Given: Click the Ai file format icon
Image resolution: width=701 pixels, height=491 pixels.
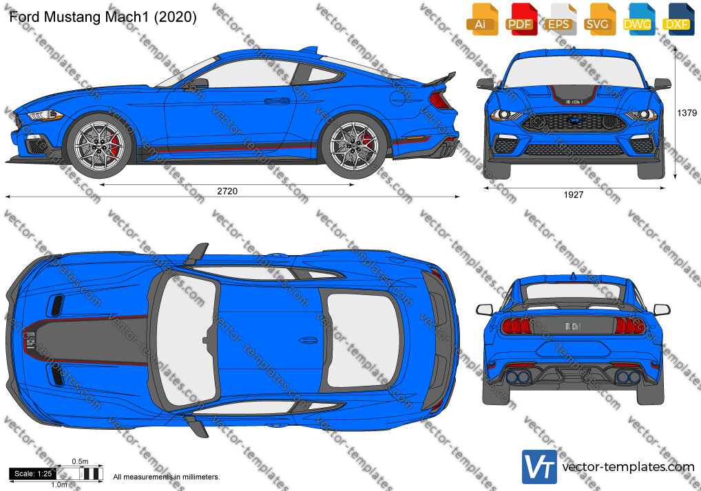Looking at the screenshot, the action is click(482, 20).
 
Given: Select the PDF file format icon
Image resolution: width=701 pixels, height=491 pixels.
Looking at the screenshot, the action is click(521, 20).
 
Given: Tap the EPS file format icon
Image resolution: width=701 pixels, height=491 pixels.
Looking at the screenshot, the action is click(560, 20).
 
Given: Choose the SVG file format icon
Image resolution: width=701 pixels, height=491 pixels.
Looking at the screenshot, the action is click(599, 20).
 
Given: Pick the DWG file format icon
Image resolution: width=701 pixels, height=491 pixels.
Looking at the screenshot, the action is click(638, 20).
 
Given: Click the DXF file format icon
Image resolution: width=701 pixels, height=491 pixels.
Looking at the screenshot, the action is click(678, 20).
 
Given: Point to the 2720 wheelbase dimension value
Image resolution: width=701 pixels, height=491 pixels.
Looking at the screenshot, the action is click(227, 191).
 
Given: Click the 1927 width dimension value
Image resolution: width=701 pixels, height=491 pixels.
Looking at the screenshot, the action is click(574, 195).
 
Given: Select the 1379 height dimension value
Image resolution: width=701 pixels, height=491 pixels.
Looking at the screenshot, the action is click(687, 113).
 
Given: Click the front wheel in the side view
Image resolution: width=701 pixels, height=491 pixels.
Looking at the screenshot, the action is click(98, 144).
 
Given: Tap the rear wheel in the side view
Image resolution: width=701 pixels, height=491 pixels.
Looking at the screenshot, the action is click(354, 146).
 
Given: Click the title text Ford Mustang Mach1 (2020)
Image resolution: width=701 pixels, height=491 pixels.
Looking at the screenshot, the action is click(103, 17).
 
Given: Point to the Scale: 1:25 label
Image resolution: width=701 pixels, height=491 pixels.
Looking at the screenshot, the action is click(33, 474).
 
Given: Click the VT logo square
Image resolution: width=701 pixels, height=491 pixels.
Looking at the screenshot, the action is click(540, 467).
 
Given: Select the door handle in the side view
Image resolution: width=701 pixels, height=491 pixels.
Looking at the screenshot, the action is click(277, 101).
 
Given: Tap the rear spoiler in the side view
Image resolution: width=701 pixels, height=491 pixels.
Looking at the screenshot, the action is click(439, 79).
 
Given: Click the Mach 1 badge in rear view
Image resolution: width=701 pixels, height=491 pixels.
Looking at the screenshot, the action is click(573, 327).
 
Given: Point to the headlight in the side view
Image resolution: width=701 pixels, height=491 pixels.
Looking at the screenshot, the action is click(44, 116).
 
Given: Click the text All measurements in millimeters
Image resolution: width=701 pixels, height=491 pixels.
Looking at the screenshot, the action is click(167, 477).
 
